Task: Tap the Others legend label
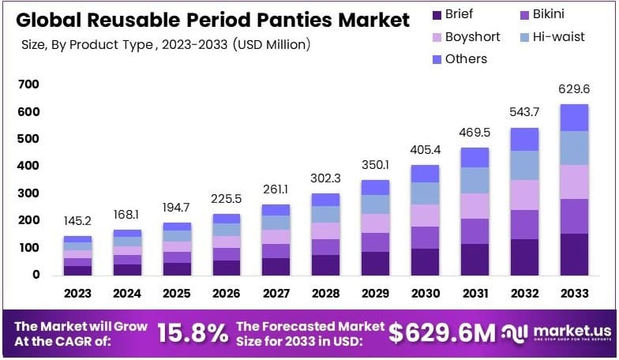tap(466, 58)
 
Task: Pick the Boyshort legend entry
tap(466, 36)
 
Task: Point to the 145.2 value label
tap(77, 222)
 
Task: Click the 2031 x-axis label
tap(475, 294)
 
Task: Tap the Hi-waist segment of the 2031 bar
tap(475, 180)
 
